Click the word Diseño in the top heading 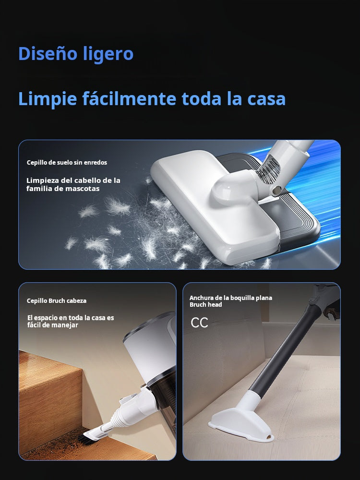[47, 53]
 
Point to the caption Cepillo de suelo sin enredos [67, 163]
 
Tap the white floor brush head [214, 205]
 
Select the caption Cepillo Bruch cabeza [57, 300]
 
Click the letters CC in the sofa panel [199, 323]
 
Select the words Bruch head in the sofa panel [206, 305]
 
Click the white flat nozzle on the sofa [242, 422]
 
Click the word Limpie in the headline [48, 99]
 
